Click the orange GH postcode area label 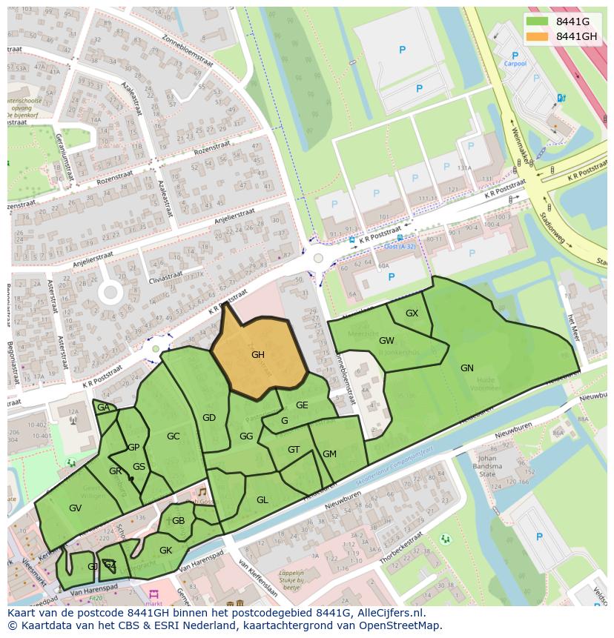tap(257, 355)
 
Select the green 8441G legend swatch tap(538, 21)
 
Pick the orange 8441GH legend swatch tap(538, 36)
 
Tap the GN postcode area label tap(466, 368)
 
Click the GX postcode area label tap(412, 313)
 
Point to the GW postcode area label tap(386, 341)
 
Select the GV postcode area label tap(75, 508)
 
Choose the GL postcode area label tap(262, 500)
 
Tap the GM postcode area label tap(329, 454)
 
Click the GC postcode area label tap(173, 436)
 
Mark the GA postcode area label tap(103, 408)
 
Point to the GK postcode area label tap(165, 551)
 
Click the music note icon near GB tap(201, 492)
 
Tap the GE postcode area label tap(302, 405)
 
